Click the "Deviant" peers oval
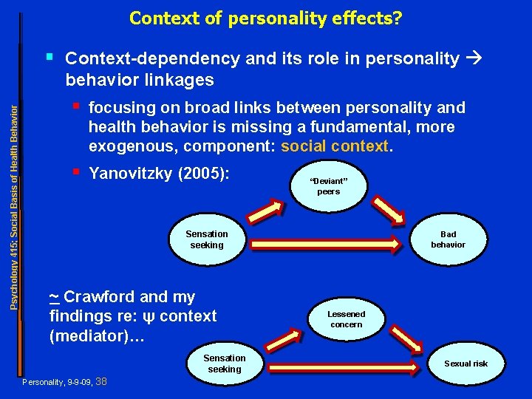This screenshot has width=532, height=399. (329, 185)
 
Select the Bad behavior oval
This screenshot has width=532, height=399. (448, 239)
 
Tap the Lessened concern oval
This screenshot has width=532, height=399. (346, 318)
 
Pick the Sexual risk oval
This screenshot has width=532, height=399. (465, 364)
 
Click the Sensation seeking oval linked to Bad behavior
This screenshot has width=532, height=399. (207, 239)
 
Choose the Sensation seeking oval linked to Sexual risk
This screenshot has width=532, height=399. (225, 364)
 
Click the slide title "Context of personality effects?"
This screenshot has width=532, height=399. (266, 17)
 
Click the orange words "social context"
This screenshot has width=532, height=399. (334, 146)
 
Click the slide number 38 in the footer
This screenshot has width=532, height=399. (102, 381)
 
